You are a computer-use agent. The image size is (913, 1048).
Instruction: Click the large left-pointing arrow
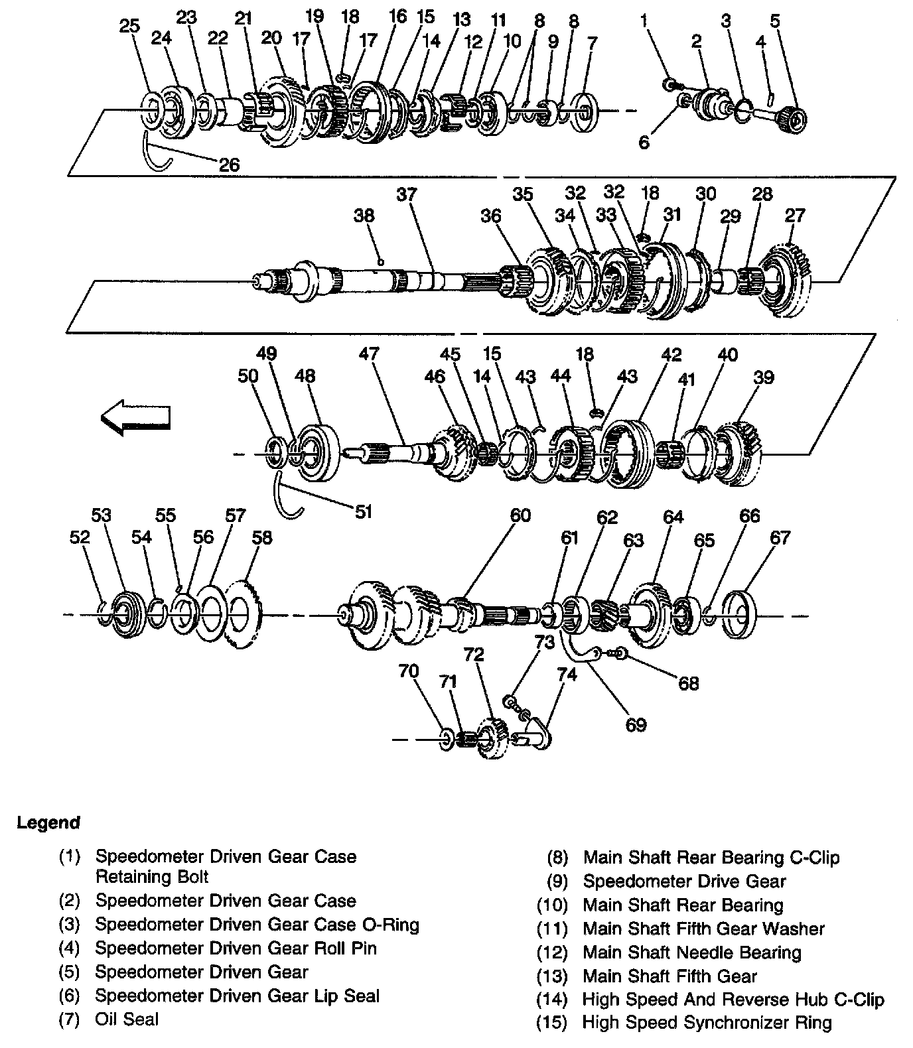[135, 418]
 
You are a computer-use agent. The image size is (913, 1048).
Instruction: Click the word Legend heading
[48, 823]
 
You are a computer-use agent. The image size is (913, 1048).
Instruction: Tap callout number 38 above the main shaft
[364, 216]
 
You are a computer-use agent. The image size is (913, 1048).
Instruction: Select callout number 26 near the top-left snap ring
[229, 164]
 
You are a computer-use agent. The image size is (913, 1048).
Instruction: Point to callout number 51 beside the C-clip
[363, 511]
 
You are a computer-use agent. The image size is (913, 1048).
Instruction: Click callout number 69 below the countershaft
[636, 724]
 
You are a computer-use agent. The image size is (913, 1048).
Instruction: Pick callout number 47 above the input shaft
[368, 354]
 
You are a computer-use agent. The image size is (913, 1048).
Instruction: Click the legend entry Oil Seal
[127, 1019]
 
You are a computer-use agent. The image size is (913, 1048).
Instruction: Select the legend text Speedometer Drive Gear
[684, 882]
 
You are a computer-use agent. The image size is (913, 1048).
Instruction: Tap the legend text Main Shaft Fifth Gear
[669, 976]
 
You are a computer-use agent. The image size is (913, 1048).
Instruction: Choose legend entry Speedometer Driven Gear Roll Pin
[236, 949]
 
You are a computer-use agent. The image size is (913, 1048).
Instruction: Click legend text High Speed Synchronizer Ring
[707, 1023]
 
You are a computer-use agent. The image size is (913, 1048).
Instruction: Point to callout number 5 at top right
[775, 21]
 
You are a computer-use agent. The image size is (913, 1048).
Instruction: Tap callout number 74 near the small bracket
[567, 675]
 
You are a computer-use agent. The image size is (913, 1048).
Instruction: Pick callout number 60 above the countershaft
[520, 515]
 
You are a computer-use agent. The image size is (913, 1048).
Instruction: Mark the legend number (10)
[552, 905]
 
